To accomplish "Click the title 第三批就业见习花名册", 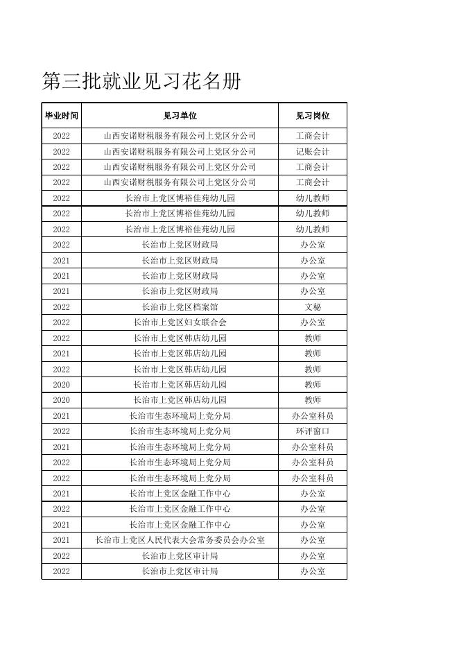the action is pyautogui.click(x=141, y=82).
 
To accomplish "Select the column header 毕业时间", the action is pyautogui.click(x=61, y=116).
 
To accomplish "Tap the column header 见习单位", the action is pyautogui.click(x=180, y=116).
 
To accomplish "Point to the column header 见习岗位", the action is pyautogui.click(x=312, y=116).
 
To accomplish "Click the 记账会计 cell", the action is pyautogui.click(x=312, y=151).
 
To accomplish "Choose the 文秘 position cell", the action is pyautogui.click(x=312, y=306).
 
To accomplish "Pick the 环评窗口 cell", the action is pyautogui.click(x=312, y=431).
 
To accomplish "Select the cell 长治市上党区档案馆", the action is pyautogui.click(x=180, y=306).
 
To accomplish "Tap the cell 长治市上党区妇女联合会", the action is pyautogui.click(x=180, y=322).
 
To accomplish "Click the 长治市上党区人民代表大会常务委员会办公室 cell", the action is pyautogui.click(x=180, y=540).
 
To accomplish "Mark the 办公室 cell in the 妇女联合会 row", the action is pyautogui.click(x=312, y=322).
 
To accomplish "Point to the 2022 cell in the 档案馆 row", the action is pyautogui.click(x=61, y=306).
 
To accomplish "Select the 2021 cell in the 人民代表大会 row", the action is pyautogui.click(x=61, y=540).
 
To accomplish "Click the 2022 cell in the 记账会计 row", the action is pyautogui.click(x=61, y=151).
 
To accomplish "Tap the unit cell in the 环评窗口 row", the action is pyautogui.click(x=180, y=431).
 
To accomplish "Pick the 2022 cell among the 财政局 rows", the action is pyautogui.click(x=61, y=245).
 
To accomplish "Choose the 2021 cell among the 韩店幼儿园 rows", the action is pyautogui.click(x=61, y=354).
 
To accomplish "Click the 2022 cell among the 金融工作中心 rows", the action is pyautogui.click(x=61, y=509).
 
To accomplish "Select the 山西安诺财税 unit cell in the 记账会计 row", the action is pyautogui.click(x=180, y=151).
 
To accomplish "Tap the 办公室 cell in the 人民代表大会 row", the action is pyautogui.click(x=312, y=540).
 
